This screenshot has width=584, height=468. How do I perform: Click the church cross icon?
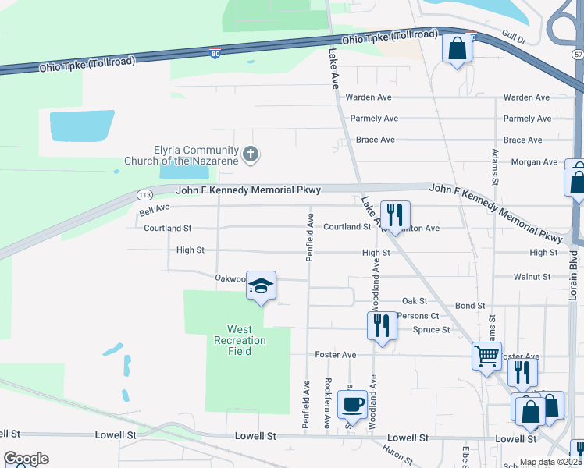coord(251,154)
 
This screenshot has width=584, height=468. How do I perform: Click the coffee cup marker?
coord(352,406)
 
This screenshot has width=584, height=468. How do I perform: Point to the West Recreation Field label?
coord(240,340)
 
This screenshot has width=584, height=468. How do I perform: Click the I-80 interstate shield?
coord(215,53)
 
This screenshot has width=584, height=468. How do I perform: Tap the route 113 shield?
coord(144,194)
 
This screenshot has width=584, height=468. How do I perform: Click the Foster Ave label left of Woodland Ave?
coord(335,355)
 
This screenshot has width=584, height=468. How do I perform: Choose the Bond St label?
coord(470,307)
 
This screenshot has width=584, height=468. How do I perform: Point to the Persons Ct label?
coord(418,316)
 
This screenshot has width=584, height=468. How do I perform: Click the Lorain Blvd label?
coord(575,277)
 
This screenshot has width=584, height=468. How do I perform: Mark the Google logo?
coord(26,459)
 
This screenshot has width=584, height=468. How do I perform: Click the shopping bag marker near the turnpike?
coord(458,48)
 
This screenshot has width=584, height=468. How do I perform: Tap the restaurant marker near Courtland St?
coord(395,214)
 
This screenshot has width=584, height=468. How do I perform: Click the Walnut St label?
coord(532,277)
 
